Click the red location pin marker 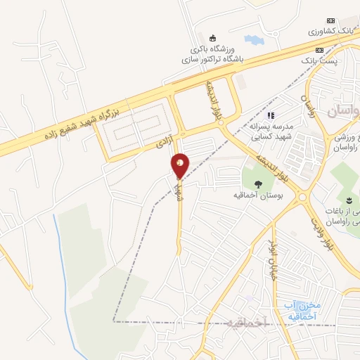coord(180,166)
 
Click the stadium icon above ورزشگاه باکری coord(214,37)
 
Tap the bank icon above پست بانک coord(320,50)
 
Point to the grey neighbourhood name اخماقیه coord(238,323)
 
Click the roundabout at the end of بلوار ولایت coord(304,198)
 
